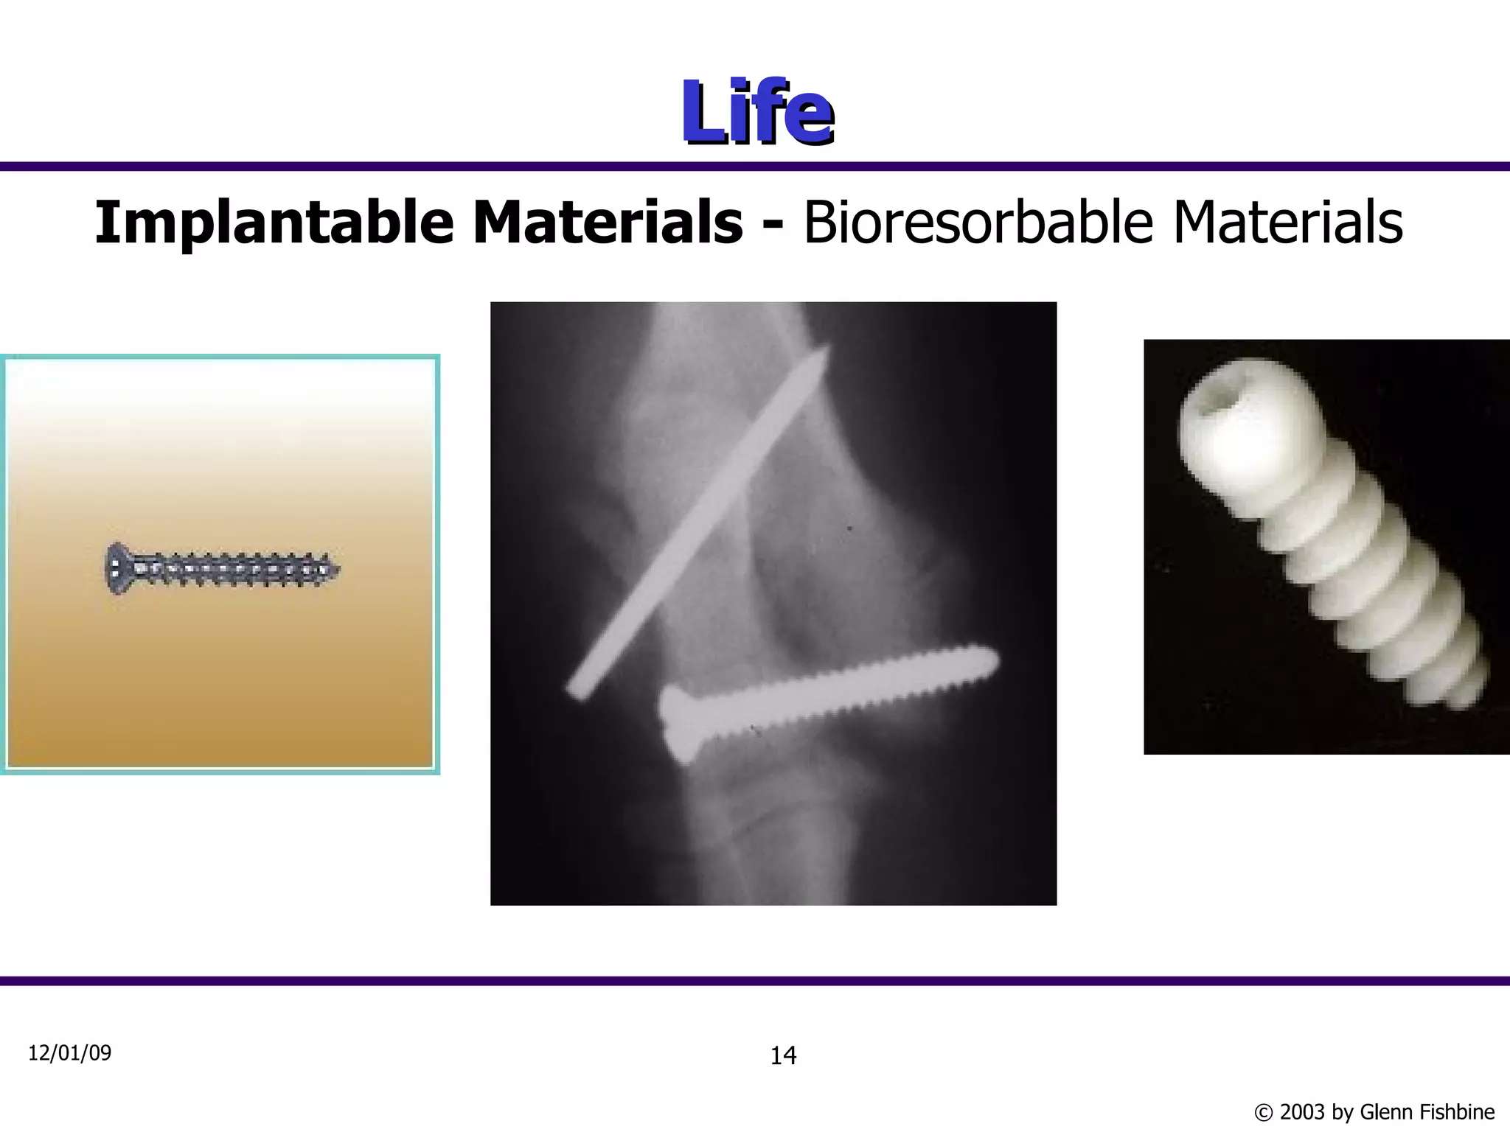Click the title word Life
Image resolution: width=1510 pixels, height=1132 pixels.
(756, 112)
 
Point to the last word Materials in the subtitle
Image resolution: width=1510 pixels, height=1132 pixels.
(1287, 223)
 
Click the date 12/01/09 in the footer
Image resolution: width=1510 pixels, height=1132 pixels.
(69, 1053)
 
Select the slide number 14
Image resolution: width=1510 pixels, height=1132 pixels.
(783, 1056)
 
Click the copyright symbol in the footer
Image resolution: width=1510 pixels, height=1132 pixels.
(1263, 1112)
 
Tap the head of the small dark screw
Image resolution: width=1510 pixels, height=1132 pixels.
(116, 568)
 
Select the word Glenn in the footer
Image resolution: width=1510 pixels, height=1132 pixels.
(1384, 1111)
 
